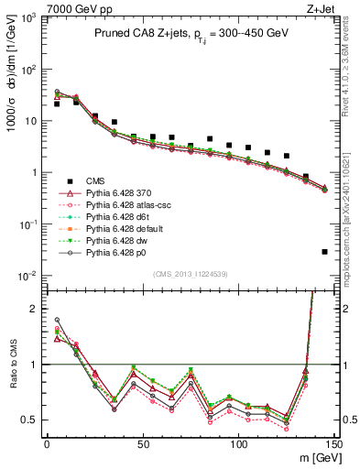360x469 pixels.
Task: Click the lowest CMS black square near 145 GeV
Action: click(324, 252)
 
